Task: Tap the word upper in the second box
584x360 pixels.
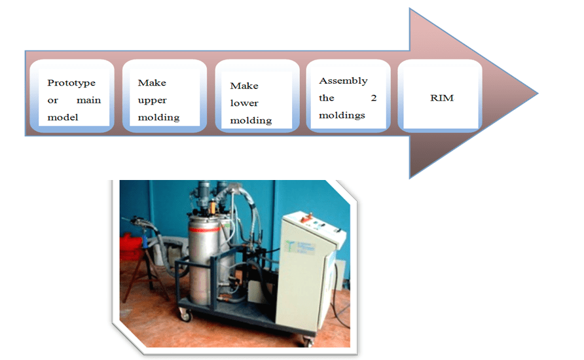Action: (152, 100)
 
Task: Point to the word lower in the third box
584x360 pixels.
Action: (244, 103)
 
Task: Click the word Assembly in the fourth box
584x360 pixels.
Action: (343, 81)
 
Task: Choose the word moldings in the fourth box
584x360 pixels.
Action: (342, 115)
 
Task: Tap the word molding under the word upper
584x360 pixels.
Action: (158, 118)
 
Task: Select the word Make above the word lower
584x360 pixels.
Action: (244, 86)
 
